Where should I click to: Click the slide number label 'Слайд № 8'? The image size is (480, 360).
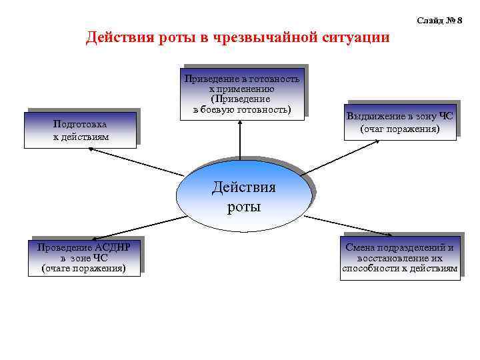tap(439, 21)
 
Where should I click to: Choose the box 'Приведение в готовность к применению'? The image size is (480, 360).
tap(242, 94)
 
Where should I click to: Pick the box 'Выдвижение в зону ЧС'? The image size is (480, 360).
tap(399, 121)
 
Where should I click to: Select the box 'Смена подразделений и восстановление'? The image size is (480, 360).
tap(399, 257)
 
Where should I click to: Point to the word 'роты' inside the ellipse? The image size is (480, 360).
tap(243, 207)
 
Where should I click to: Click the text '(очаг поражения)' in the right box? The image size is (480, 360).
tap(399, 128)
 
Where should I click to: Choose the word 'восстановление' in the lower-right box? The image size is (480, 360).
tap(399, 258)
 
